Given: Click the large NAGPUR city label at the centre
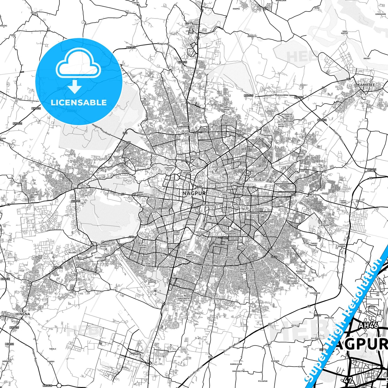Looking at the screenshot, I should (194, 193).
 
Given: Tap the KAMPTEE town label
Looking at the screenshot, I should (366, 85).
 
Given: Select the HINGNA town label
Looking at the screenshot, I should (23, 314).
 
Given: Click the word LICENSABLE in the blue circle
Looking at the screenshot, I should (79, 103).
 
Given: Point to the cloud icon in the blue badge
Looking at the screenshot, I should (78, 63).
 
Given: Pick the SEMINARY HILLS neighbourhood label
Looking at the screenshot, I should (169, 169).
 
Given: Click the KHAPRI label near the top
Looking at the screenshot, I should (236, 9).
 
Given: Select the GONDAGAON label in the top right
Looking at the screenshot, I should (380, 14).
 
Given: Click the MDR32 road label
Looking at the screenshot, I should (9, 344).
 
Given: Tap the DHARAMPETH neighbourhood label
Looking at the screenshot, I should (164, 208).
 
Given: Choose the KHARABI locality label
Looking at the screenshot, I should (292, 246).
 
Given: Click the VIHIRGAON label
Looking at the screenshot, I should (315, 293).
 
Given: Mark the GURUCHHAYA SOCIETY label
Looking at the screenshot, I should (183, 299).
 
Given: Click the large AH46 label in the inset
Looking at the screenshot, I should (368, 325).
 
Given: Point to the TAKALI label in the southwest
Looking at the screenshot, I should (53, 349).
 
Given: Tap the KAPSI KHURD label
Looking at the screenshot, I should (343, 202).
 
